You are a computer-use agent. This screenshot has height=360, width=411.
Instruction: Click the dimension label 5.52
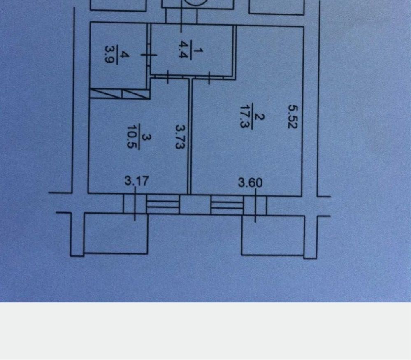293,117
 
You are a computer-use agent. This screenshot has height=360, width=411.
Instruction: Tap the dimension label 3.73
180,137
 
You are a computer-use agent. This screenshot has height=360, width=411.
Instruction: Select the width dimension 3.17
137,181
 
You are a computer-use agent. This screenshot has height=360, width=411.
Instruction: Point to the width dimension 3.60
250,183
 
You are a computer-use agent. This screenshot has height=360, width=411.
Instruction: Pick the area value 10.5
132,137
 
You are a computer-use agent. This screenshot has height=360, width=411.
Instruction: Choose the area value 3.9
109,54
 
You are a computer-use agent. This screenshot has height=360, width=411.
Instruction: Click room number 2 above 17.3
260,117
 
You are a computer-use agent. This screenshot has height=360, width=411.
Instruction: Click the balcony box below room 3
116,233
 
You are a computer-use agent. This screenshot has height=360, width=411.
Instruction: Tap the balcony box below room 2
273,235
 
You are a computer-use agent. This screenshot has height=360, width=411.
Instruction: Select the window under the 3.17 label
135,204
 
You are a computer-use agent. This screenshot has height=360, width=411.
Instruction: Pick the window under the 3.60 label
255,205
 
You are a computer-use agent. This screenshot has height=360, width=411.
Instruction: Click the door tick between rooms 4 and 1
149,55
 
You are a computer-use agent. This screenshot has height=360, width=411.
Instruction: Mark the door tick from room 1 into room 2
209,78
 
